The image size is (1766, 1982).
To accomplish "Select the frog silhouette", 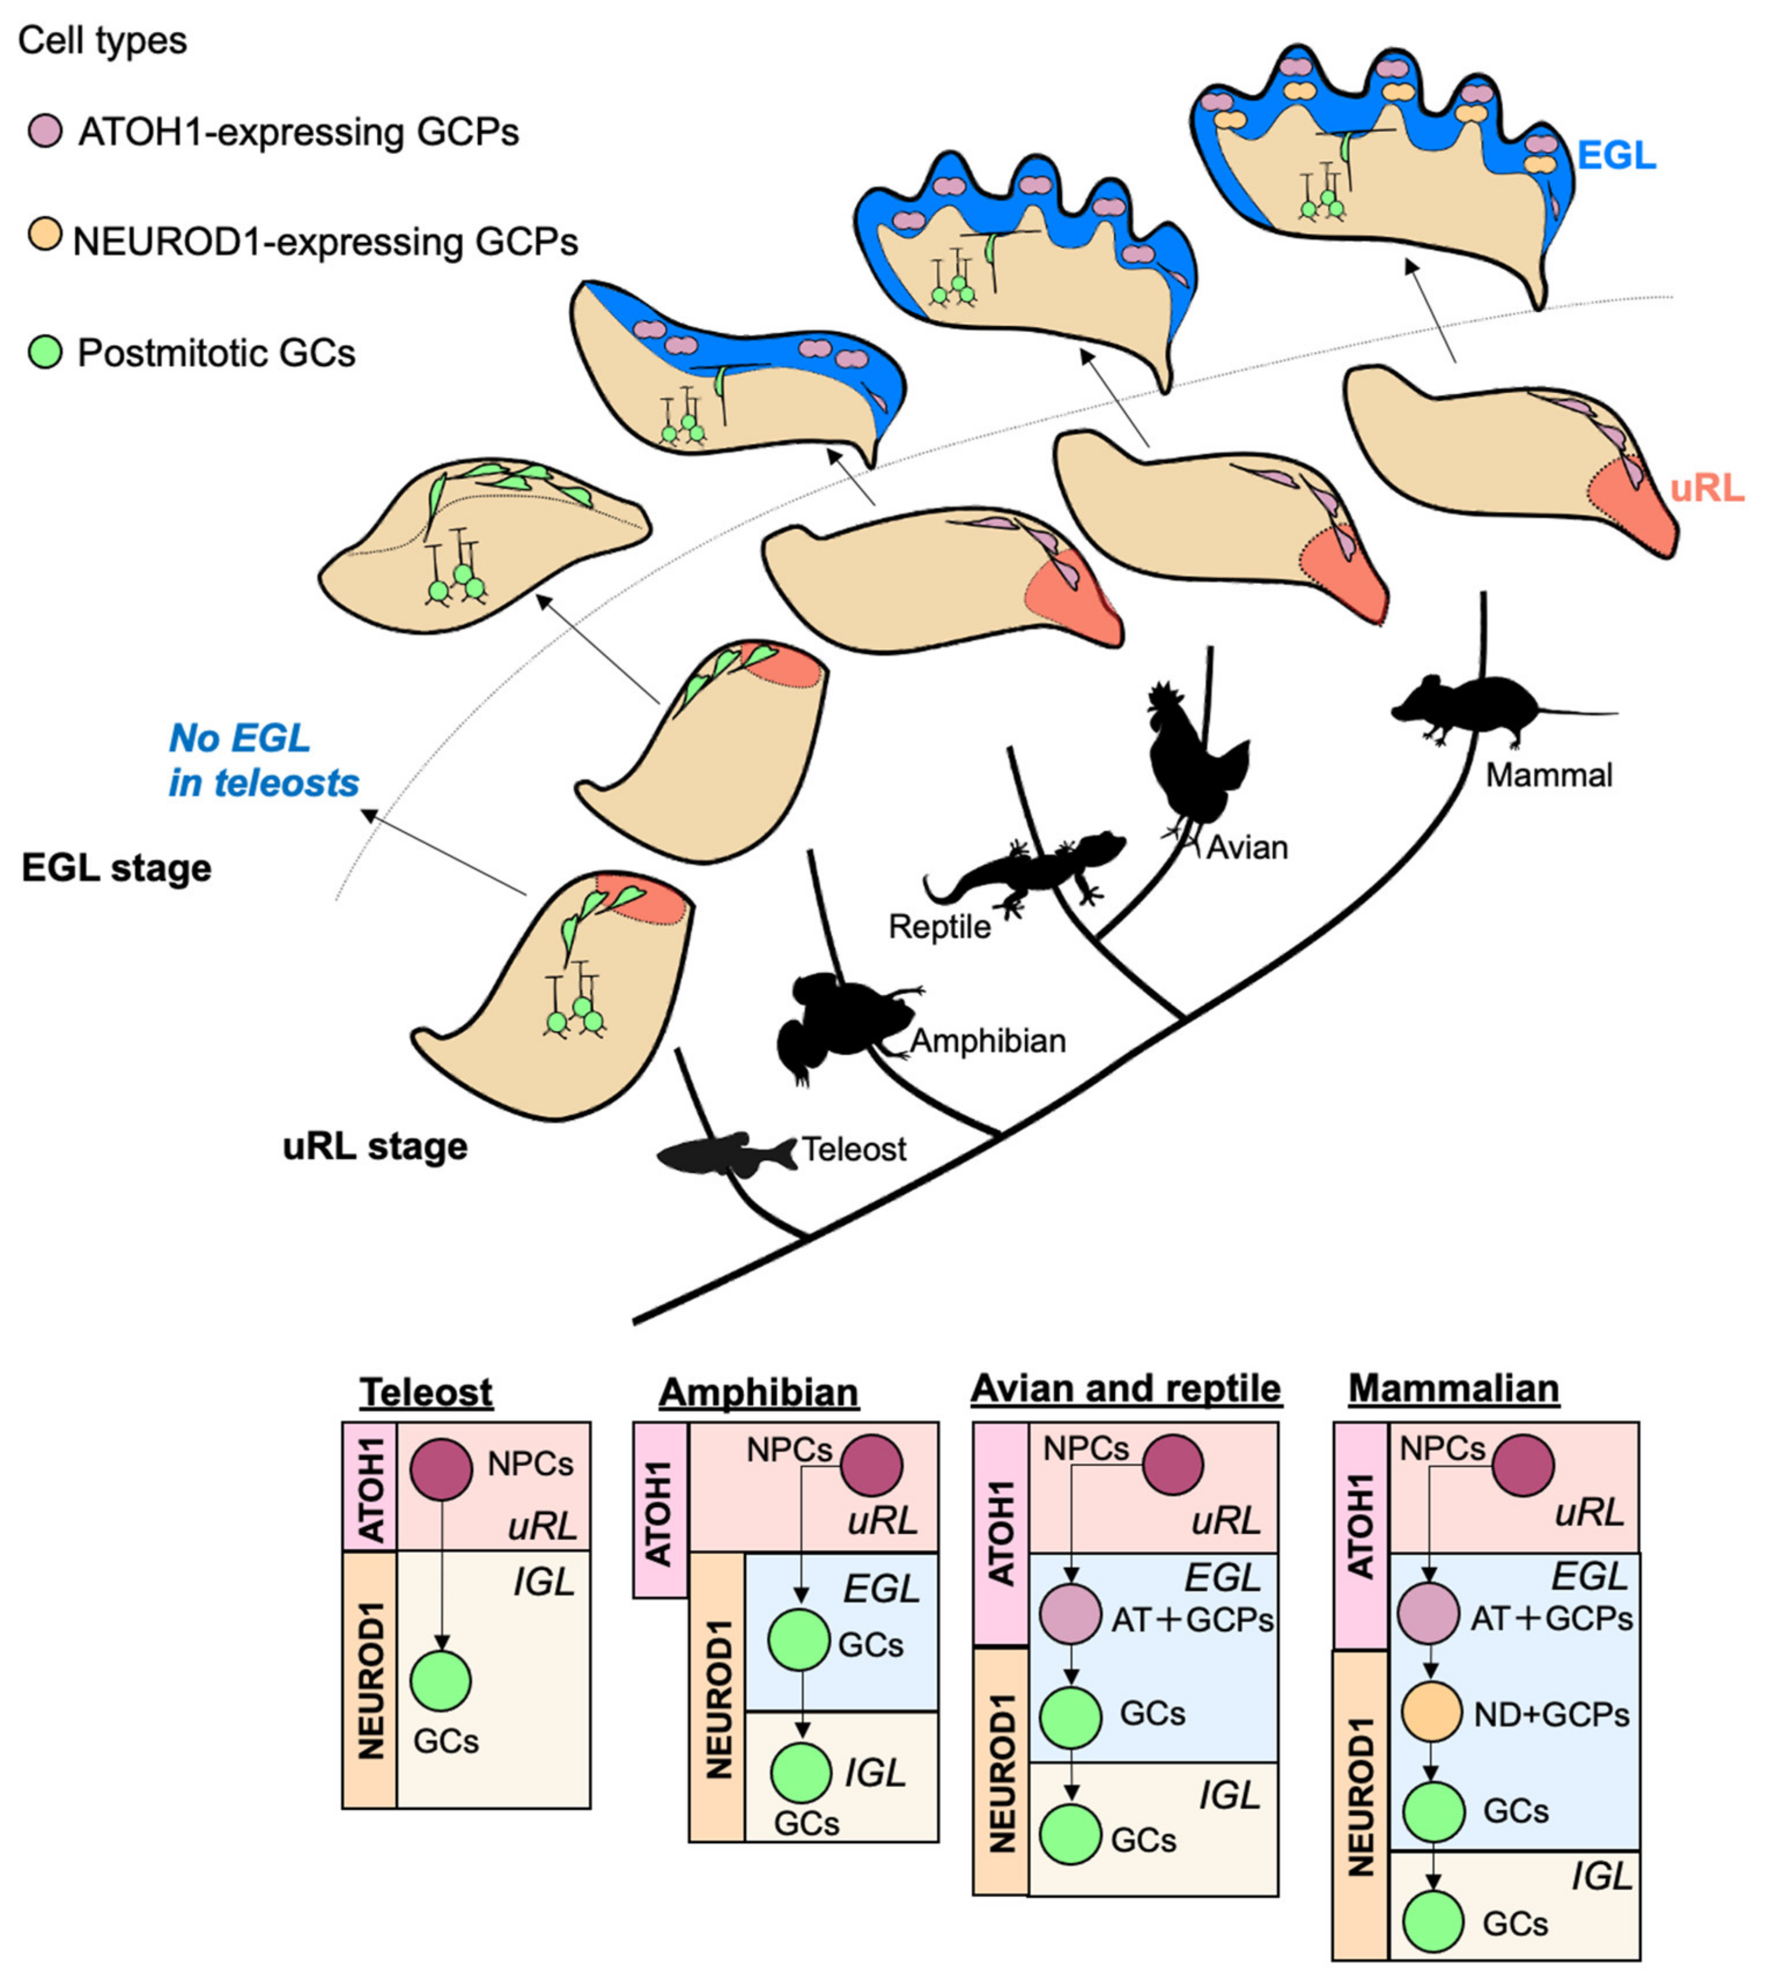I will pos(835,1024).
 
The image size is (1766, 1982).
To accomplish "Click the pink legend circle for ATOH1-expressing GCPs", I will pos(45,131).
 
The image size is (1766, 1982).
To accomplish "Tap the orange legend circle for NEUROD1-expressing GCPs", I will pos(45,236).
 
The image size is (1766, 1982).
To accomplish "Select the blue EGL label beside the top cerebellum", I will pos(1616,155).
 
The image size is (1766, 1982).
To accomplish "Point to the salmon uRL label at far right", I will pos(1707,489).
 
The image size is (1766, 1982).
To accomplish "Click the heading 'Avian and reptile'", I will pos(1126,1389).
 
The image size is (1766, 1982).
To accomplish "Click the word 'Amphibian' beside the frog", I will pos(988,1041).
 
